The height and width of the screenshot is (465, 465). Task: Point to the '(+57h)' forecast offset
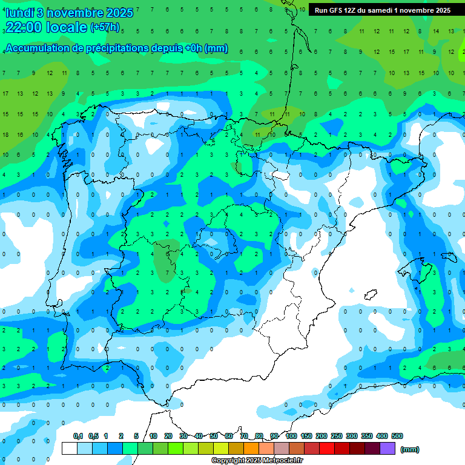105,27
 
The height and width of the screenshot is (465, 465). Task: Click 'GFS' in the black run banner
337,10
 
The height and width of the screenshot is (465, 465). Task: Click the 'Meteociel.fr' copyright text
279,461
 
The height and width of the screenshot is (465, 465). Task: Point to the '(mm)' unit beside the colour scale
410,449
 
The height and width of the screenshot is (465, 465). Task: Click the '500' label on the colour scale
397,436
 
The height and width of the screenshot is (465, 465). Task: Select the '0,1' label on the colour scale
78,436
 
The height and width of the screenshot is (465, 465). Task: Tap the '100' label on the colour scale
291,436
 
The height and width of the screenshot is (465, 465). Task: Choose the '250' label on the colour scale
337,436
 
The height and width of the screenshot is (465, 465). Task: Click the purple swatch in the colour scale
387,449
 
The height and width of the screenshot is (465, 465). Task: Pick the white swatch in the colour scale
70,449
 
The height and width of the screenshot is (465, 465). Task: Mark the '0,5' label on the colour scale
93,436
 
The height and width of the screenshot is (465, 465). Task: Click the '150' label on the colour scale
306,436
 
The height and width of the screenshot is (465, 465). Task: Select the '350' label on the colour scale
367,436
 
